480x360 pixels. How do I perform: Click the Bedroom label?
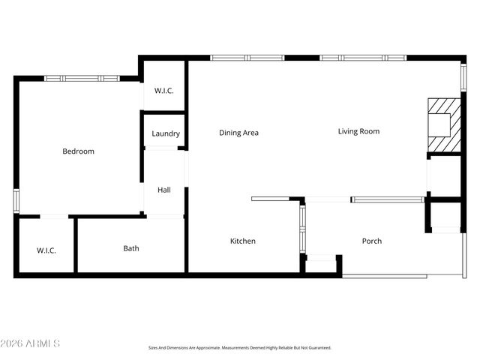[x=78, y=151]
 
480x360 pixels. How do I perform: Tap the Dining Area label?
[x=238, y=133]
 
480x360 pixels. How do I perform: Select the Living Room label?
[x=358, y=131]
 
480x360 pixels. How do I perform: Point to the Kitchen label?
[x=242, y=241]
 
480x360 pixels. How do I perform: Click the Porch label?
[x=371, y=241]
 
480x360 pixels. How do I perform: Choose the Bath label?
[x=131, y=248]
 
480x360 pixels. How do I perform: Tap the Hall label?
[x=163, y=190]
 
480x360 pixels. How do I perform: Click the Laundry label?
[x=165, y=133]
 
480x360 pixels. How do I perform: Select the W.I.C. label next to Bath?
[x=46, y=250]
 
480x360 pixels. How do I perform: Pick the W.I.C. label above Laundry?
[x=164, y=91]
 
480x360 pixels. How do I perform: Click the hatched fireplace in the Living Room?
[x=442, y=124]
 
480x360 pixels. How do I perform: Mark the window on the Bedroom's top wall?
[x=81, y=78]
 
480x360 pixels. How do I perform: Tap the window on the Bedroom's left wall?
[x=16, y=200]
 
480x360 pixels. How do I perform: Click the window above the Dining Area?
[x=247, y=58]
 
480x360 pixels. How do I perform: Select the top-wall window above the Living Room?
[x=363, y=58]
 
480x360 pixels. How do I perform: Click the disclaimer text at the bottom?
[x=239, y=348]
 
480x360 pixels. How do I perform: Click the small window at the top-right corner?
[x=463, y=77]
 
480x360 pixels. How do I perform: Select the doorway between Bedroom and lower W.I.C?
[x=54, y=217]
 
